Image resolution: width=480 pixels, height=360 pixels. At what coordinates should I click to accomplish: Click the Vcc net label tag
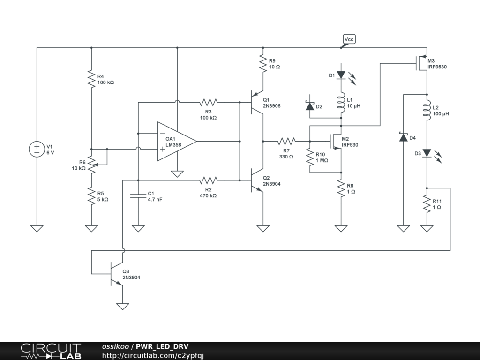[x=349, y=39]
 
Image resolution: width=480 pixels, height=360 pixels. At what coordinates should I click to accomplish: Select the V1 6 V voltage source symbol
[x=37, y=150]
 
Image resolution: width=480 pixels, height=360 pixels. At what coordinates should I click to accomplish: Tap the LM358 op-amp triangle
[x=177, y=142]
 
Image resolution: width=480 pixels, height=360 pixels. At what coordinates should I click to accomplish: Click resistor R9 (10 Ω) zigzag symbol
[x=263, y=63]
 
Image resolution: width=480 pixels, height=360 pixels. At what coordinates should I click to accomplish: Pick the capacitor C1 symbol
[x=138, y=195]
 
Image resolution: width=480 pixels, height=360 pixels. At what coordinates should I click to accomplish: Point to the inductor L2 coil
[x=427, y=110]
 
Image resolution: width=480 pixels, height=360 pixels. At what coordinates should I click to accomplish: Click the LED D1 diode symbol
[x=341, y=75]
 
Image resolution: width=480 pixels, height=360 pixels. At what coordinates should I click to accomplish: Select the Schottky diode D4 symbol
[x=404, y=137]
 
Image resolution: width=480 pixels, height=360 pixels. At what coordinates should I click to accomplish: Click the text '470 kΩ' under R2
[x=208, y=195]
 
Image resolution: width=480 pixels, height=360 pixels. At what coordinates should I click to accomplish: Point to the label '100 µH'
[x=441, y=113]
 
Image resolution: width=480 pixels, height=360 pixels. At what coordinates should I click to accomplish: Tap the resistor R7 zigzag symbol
[x=286, y=142]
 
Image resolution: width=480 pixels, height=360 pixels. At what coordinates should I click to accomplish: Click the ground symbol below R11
[x=427, y=228]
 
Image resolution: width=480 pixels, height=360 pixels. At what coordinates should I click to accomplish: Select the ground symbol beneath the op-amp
[x=177, y=174]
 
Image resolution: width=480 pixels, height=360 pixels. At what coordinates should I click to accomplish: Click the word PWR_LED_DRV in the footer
[x=162, y=346]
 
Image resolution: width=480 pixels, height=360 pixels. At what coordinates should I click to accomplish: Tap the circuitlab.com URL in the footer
[x=153, y=355]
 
